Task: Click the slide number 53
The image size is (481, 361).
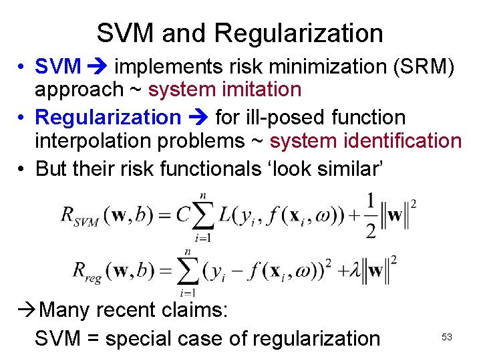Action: tap(447, 338)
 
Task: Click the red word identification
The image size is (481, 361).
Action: tap(400, 140)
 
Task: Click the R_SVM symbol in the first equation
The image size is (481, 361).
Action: tap(79, 215)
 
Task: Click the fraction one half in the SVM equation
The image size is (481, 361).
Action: tap(370, 215)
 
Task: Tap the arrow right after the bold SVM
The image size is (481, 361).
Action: tap(98, 66)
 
